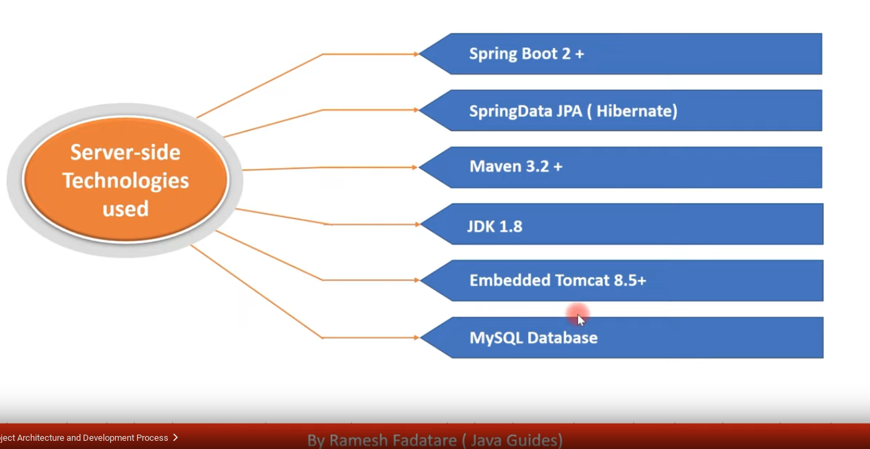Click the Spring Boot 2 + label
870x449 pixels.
point(526,54)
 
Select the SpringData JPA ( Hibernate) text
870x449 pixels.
point(573,111)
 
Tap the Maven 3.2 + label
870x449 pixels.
point(515,166)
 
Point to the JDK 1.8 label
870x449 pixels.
point(495,226)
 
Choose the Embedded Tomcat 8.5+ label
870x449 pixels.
point(557,280)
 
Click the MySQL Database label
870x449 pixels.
point(533,337)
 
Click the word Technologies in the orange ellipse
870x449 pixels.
point(125,181)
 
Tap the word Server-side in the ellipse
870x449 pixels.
point(125,152)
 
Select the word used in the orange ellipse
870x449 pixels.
point(125,209)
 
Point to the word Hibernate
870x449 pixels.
point(636,111)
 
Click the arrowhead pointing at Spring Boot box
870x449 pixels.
point(415,54)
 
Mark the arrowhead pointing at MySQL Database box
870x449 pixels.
point(415,337)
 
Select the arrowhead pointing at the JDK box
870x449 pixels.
point(415,224)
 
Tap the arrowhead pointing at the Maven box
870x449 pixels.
point(414,167)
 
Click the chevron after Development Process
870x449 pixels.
point(176,437)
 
